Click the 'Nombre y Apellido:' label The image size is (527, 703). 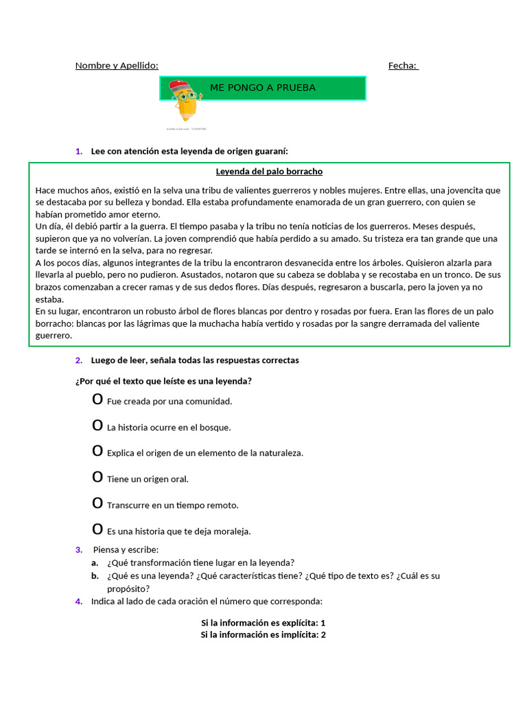click(117, 66)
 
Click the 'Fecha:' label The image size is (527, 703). click(403, 66)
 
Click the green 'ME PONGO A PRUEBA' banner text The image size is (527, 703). click(263, 88)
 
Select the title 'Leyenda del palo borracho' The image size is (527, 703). click(269, 172)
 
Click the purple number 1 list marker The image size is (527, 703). click(79, 151)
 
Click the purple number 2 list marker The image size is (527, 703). click(79, 360)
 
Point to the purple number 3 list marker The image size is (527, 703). click(79, 549)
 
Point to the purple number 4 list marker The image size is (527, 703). click(79, 601)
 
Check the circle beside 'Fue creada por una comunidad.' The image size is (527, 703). click(97, 400)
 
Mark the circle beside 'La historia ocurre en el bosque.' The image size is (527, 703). click(97, 426)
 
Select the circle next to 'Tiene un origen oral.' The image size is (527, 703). click(97, 478)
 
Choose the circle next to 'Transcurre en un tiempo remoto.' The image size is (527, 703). click(97, 504)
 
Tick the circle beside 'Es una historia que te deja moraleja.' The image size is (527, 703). click(97, 530)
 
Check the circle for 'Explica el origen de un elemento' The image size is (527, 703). click(97, 452)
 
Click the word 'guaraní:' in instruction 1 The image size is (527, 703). click(272, 151)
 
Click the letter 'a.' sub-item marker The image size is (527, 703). click(95, 562)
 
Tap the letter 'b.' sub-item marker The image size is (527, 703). click(95, 575)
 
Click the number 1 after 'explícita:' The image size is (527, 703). click(323, 623)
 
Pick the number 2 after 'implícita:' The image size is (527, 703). click(323, 635)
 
